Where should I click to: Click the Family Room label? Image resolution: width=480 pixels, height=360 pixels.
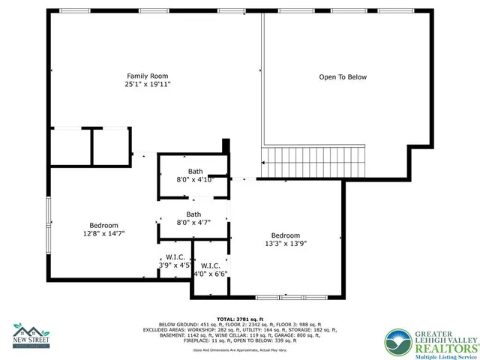click(x=147, y=76)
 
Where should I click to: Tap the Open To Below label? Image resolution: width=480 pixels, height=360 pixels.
click(x=343, y=76)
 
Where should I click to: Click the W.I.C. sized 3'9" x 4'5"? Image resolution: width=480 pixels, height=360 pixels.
click(x=176, y=260)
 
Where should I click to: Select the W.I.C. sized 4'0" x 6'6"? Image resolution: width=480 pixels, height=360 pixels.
click(x=210, y=269)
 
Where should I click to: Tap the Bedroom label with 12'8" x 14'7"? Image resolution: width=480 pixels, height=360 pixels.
click(x=103, y=225)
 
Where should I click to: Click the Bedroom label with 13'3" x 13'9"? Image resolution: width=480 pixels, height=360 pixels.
click(x=285, y=234)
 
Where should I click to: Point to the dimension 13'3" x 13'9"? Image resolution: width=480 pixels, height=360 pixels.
click(x=285, y=243)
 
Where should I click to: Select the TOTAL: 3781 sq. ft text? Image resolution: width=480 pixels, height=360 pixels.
click(x=238, y=319)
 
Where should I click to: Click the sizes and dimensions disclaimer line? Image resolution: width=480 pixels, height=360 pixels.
click(x=238, y=350)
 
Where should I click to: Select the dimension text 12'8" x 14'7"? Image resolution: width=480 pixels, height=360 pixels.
click(x=103, y=234)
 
